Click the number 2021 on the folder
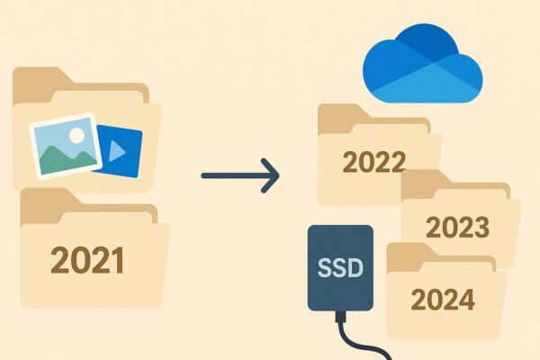(86, 260)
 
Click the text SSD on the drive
(340, 267)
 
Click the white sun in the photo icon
(76, 136)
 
